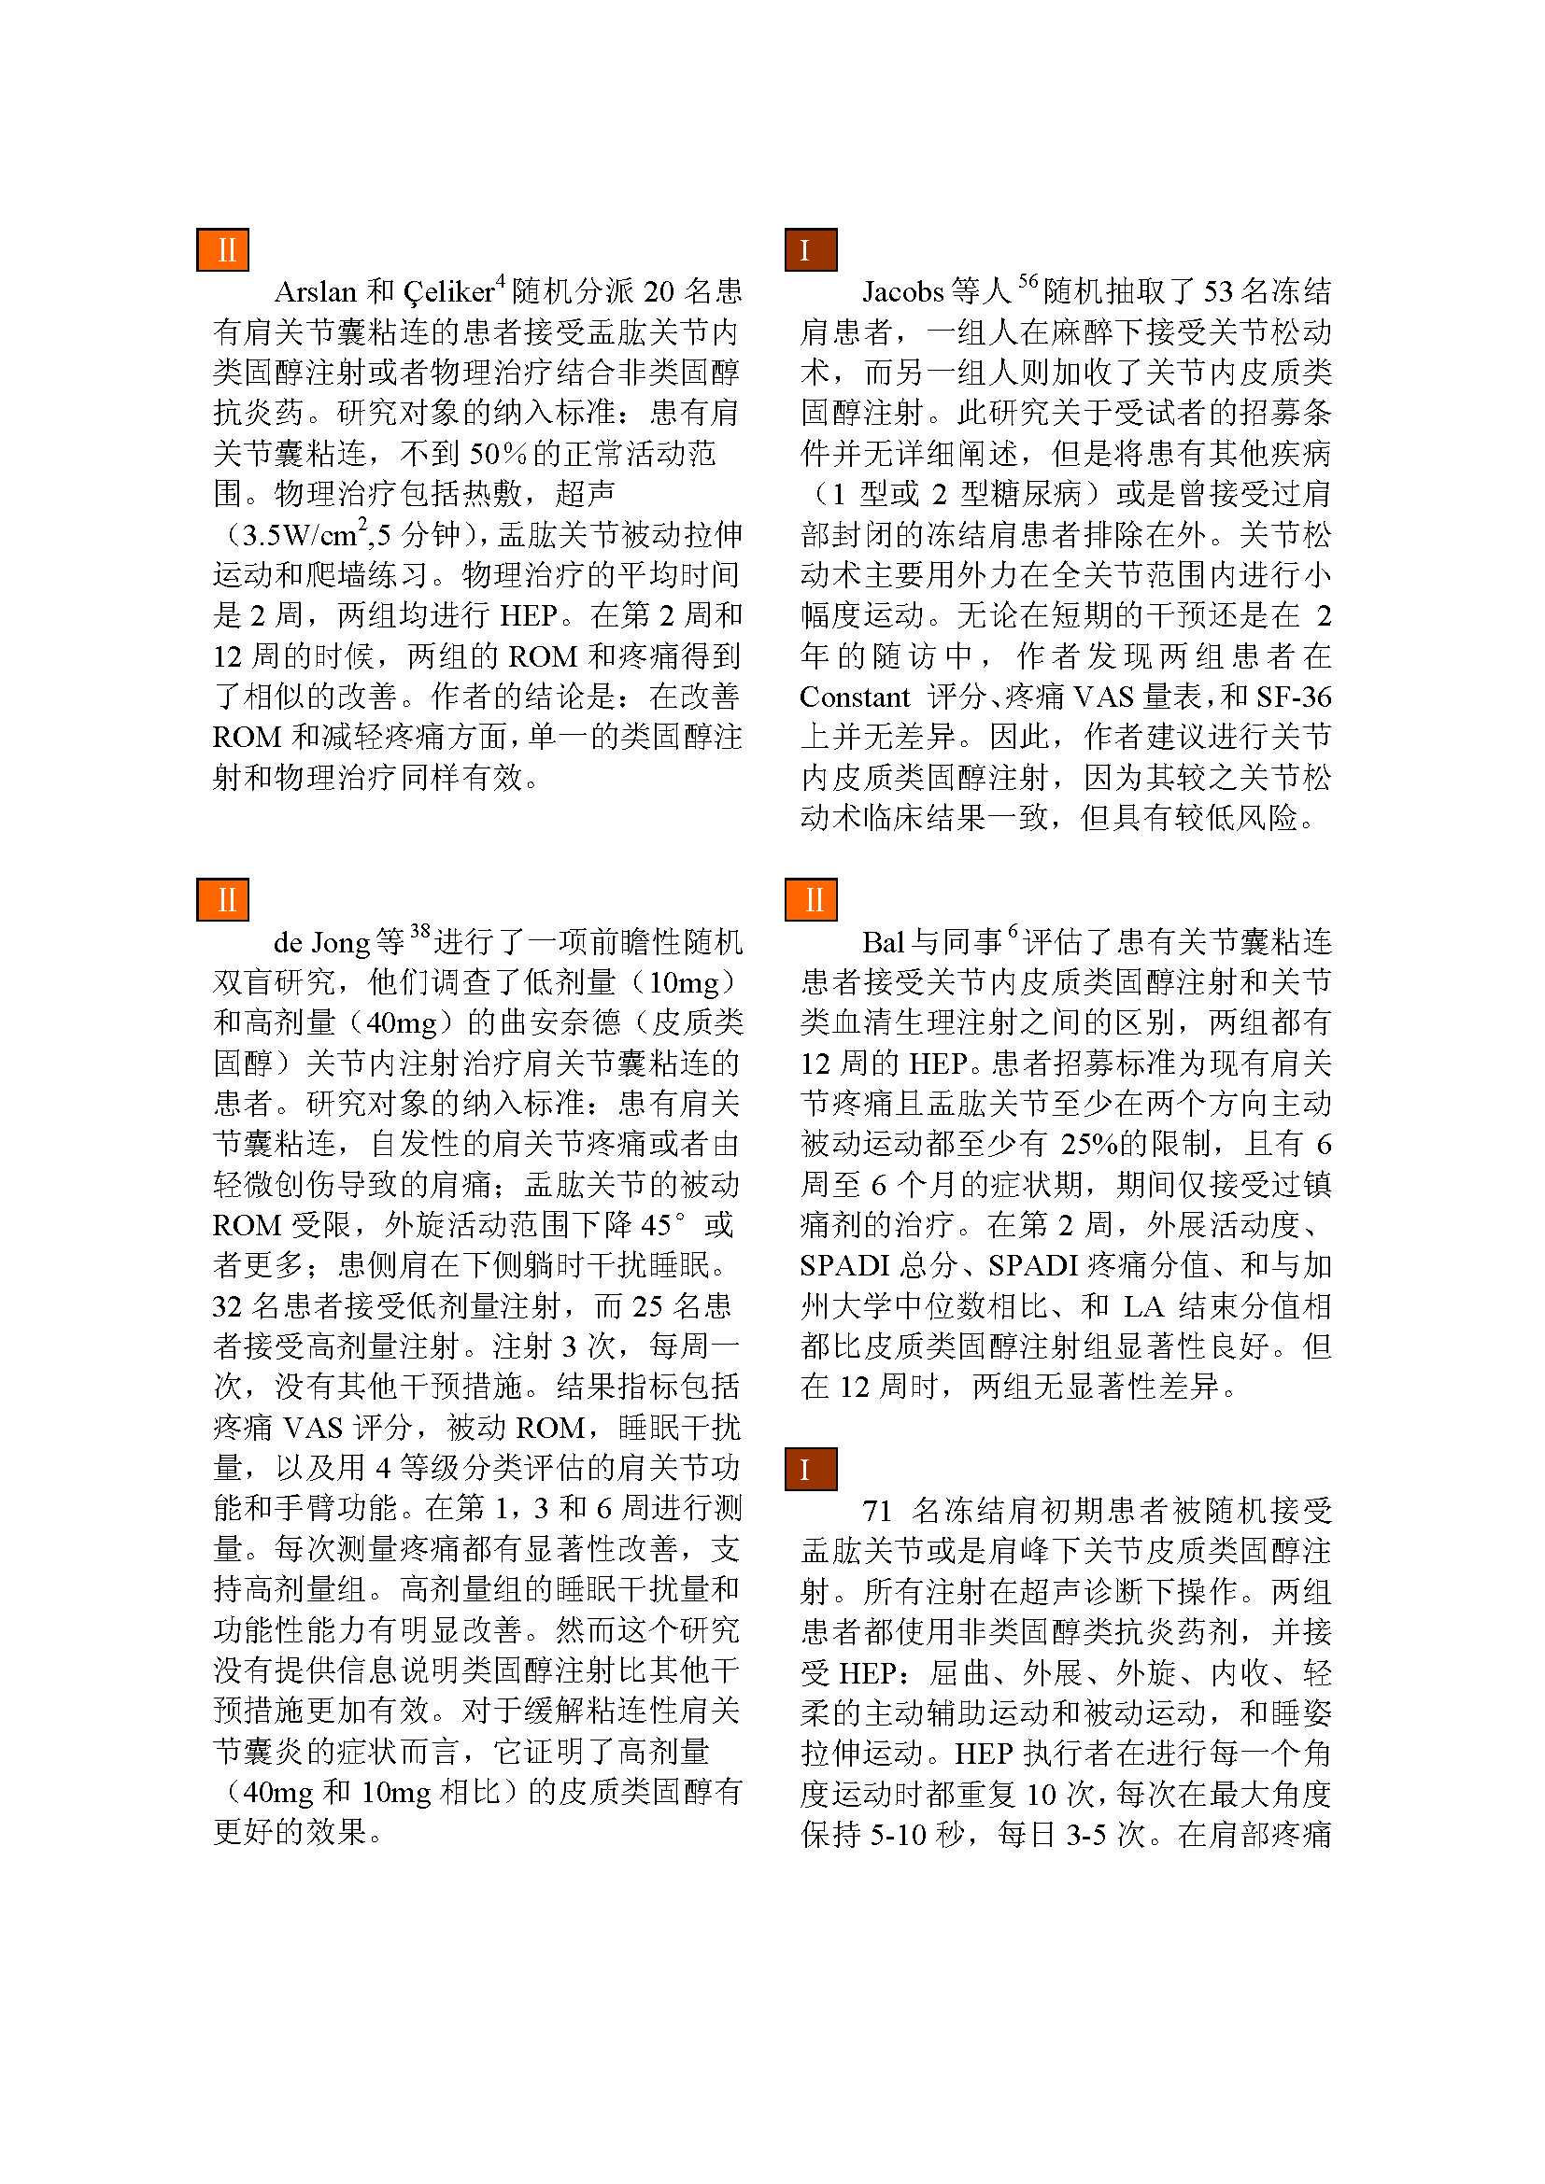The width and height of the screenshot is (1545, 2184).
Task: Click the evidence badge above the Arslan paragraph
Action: coord(222,250)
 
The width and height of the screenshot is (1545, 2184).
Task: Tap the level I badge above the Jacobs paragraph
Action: coord(811,250)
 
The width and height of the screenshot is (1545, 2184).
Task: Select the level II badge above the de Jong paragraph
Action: coord(222,900)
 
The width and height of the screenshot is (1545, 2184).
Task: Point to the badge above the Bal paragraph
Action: coord(811,900)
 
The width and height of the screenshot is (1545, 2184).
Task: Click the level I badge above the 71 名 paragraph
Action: coord(811,1469)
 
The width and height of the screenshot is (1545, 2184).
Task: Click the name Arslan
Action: coord(315,292)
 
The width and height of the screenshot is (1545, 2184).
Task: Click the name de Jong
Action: coord(320,943)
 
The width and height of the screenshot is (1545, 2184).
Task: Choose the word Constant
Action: coord(855,697)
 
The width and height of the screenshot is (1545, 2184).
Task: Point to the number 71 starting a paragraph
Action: coord(876,1511)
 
